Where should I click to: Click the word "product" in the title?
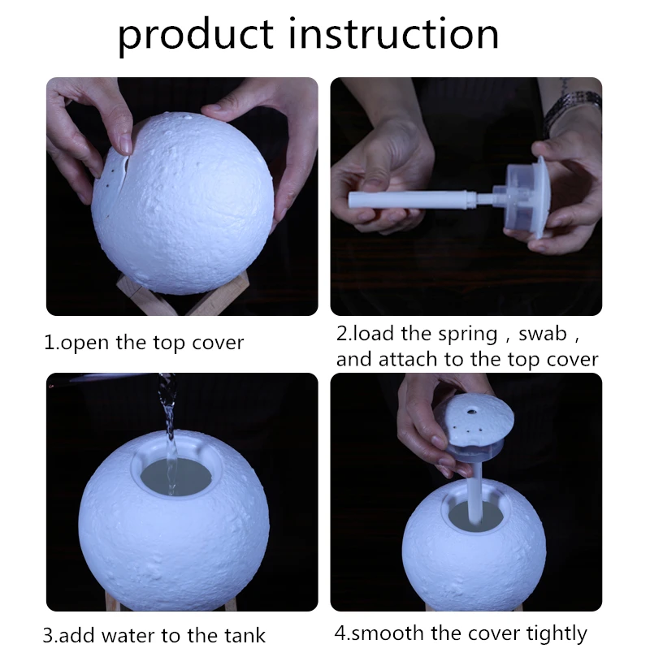(x=196, y=35)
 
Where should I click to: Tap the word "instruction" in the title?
(x=394, y=32)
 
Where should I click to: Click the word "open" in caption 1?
(x=85, y=344)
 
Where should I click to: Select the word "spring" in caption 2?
(x=468, y=335)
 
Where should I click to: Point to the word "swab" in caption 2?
(x=542, y=334)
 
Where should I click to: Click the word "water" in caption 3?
(x=129, y=635)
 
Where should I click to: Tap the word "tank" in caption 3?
(x=245, y=635)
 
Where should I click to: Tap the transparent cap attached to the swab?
(x=524, y=196)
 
